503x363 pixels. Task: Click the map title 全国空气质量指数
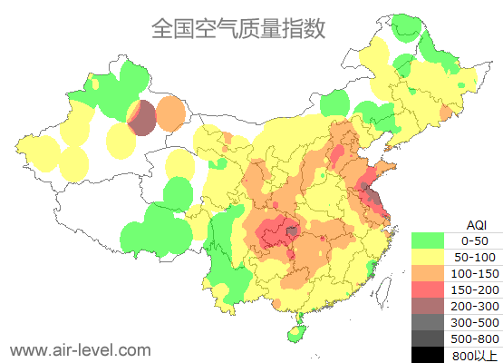(x=237, y=28)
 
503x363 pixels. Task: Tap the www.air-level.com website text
(x=80, y=349)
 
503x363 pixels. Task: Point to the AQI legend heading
(x=475, y=224)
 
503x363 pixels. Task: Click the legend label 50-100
(x=475, y=260)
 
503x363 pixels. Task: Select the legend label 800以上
(x=475, y=355)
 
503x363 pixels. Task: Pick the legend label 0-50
(x=475, y=241)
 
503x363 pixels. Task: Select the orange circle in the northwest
(x=170, y=113)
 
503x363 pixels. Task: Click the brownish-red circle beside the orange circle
(x=142, y=118)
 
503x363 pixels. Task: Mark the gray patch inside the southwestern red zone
(x=291, y=231)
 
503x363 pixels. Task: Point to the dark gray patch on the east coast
(x=370, y=192)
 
